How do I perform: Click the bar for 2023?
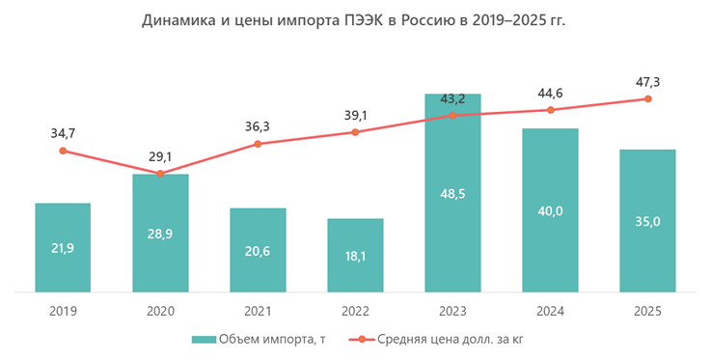point(452,193)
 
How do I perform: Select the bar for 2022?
point(355,255)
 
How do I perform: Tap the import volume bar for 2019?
point(63,247)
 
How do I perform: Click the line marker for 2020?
point(160,174)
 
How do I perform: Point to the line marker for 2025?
point(647,98)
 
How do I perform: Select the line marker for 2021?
point(258,144)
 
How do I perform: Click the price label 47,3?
point(647,81)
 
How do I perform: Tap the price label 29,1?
point(160,155)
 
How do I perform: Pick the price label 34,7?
point(63,132)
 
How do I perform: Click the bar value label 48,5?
point(452,220)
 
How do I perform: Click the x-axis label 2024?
point(550,312)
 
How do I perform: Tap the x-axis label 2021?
point(258,312)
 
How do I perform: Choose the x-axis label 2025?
point(647,312)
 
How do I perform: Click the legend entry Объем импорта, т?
point(256,340)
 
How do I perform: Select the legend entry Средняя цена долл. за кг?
point(451,340)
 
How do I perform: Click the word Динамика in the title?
point(180,19)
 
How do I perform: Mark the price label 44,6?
point(550,93)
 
